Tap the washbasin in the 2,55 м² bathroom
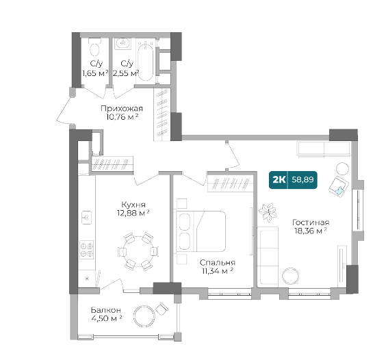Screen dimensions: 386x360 [x=123, y=44]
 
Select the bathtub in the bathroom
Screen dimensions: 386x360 [x=145, y=61]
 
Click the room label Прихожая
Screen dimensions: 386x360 [x=122, y=108]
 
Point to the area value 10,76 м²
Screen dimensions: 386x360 [x=122, y=117]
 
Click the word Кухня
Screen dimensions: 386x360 [x=133, y=205]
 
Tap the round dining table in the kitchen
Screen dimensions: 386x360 [x=138, y=250]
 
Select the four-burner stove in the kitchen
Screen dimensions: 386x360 [x=87, y=249]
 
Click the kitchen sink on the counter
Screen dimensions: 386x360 [x=86, y=218]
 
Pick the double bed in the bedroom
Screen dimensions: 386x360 [x=201, y=231]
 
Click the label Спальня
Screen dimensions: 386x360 [x=218, y=263]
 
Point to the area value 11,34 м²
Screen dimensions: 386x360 [x=218, y=271]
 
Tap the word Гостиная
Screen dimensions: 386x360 [x=311, y=222]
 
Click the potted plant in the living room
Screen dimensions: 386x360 [x=268, y=211]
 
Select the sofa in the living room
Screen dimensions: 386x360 [x=268, y=257]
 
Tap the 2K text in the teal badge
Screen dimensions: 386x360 [x=279, y=180]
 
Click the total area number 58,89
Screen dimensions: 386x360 [x=303, y=180]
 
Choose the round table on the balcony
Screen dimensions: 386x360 [x=144, y=316]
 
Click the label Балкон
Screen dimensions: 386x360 [x=106, y=310]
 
